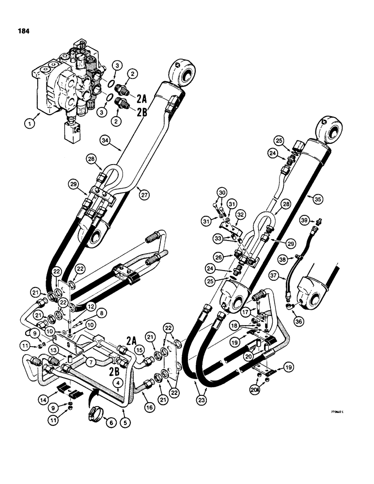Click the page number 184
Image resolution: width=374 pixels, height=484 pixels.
coord(22,31)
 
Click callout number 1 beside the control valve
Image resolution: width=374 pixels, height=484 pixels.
coord(17,125)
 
